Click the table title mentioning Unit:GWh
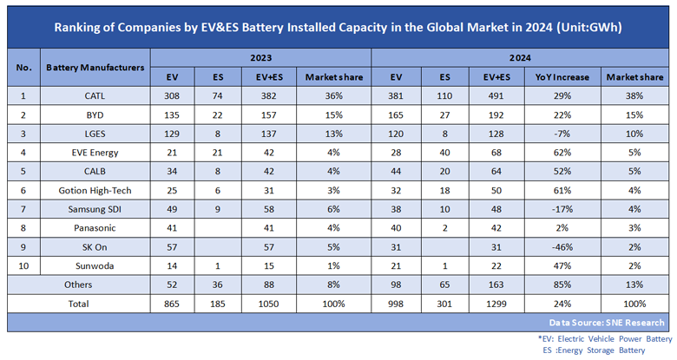click(x=338, y=27)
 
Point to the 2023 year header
click(x=260, y=58)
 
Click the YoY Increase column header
click(x=563, y=77)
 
